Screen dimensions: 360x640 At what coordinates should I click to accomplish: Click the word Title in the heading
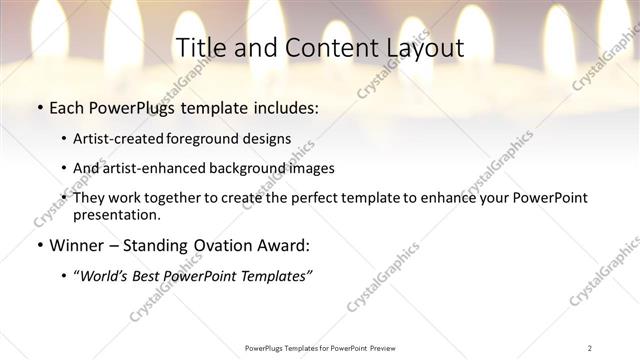click(200, 48)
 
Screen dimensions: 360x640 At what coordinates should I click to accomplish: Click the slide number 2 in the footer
click(590, 348)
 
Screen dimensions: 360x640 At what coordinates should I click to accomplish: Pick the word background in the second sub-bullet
click(263, 168)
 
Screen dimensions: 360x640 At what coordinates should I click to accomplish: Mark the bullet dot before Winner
click(39, 245)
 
